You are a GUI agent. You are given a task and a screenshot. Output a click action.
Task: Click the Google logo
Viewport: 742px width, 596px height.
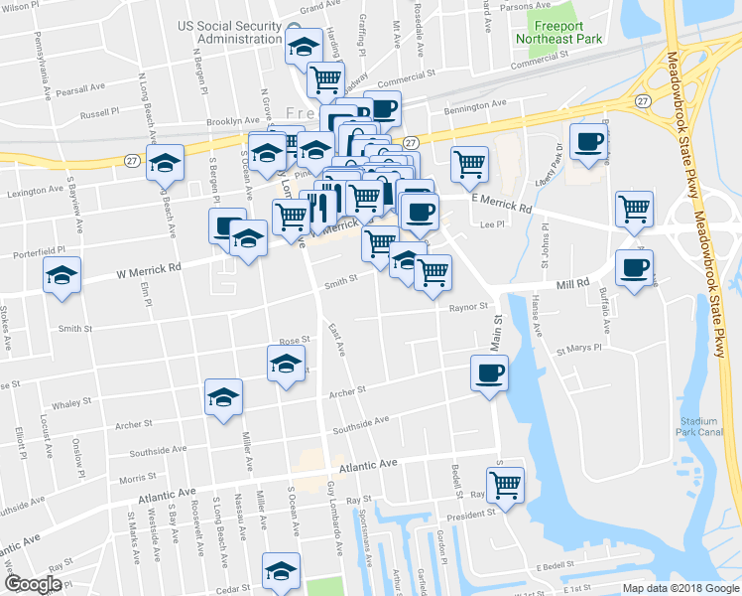33,584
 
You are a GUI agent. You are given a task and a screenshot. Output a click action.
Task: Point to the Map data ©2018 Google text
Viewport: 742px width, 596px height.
680,588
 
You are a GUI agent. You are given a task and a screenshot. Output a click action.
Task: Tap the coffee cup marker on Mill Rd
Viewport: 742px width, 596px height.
634,267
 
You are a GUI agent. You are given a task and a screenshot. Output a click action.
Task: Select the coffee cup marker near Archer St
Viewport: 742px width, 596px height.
488,374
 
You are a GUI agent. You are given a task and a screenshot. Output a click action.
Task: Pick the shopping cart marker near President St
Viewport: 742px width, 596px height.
506,486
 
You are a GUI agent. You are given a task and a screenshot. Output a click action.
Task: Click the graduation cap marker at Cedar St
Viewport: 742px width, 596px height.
280,571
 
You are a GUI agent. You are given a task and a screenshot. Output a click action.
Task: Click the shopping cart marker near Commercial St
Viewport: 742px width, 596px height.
325,78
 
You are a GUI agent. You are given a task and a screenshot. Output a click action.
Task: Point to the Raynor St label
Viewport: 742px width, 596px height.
469,308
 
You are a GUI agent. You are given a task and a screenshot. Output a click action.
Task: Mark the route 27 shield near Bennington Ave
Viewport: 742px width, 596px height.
643,101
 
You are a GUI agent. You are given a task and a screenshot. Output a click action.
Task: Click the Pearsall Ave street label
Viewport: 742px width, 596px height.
81,88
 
